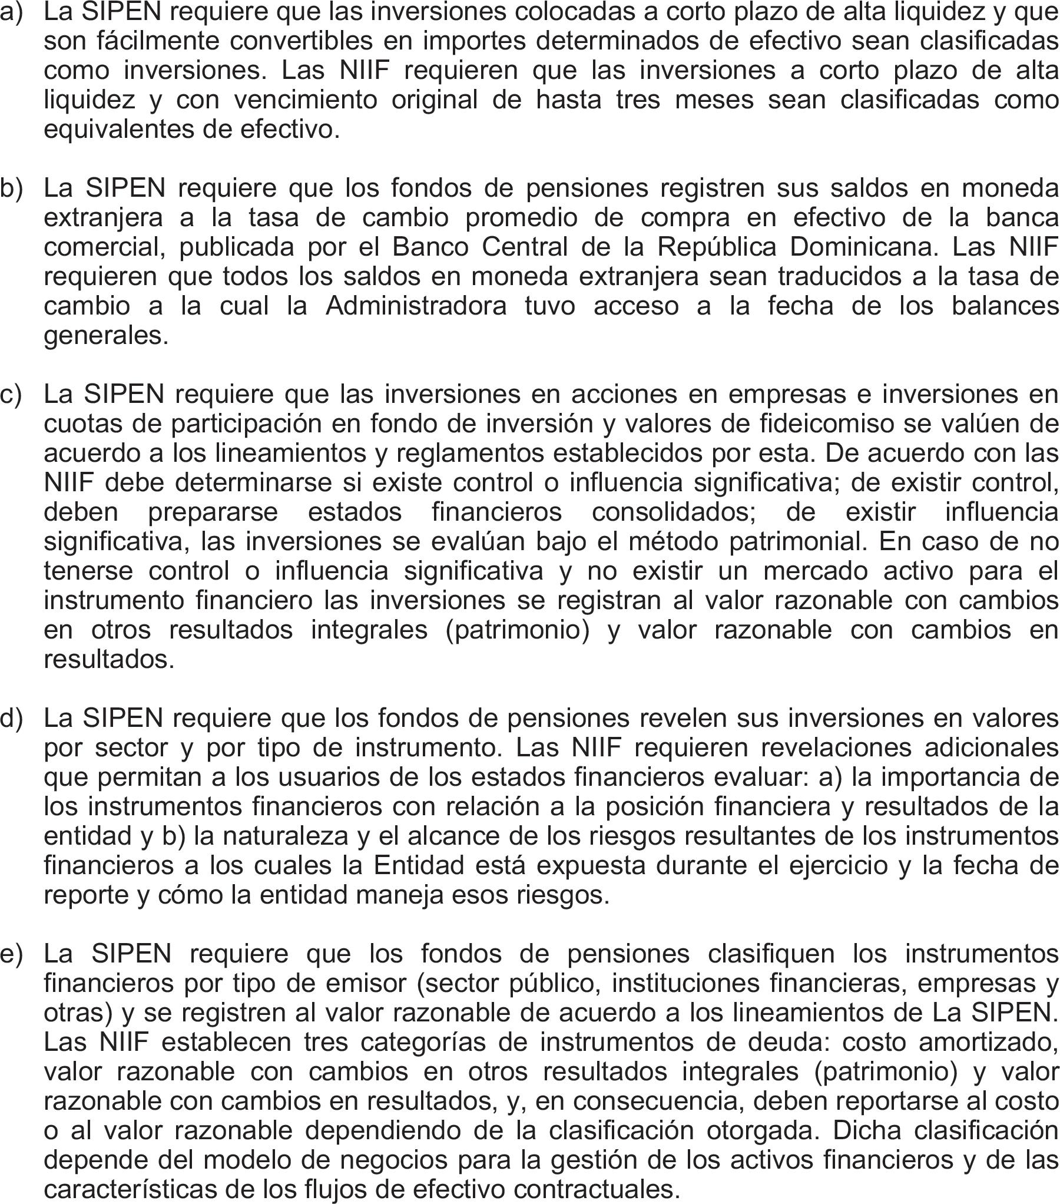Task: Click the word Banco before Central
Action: [x=429, y=247]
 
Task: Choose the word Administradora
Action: [x=416, y=306]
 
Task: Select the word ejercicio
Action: [x=840, y=865]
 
